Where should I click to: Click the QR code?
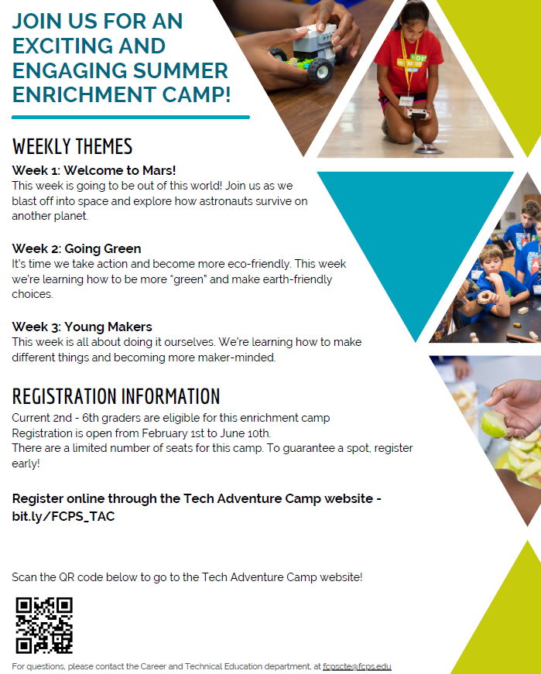tap(44, 625)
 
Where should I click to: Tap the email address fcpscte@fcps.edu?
tap(357, 666)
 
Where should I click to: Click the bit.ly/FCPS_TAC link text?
tap(63, 516)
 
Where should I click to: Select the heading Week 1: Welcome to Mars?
tap(94, 170)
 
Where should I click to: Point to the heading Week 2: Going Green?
tap(77, 248)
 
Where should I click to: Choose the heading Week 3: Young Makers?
tap(82, 327)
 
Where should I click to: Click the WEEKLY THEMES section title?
tap(72, 146)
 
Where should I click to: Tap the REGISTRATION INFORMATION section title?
tap(116, 396)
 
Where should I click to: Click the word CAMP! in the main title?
tap(197, 94)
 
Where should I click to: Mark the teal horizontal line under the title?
tap(131, 117)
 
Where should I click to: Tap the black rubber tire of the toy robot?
tap(320, 70)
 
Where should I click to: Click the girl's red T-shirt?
tap(408, 64)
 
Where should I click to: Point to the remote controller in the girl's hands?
tap(417, 114)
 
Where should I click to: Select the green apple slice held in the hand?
tap(494, 424)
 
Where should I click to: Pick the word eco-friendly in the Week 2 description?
tap(259, 264)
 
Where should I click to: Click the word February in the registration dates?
tap(165, 433)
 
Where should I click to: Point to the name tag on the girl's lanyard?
tap(406, 101)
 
